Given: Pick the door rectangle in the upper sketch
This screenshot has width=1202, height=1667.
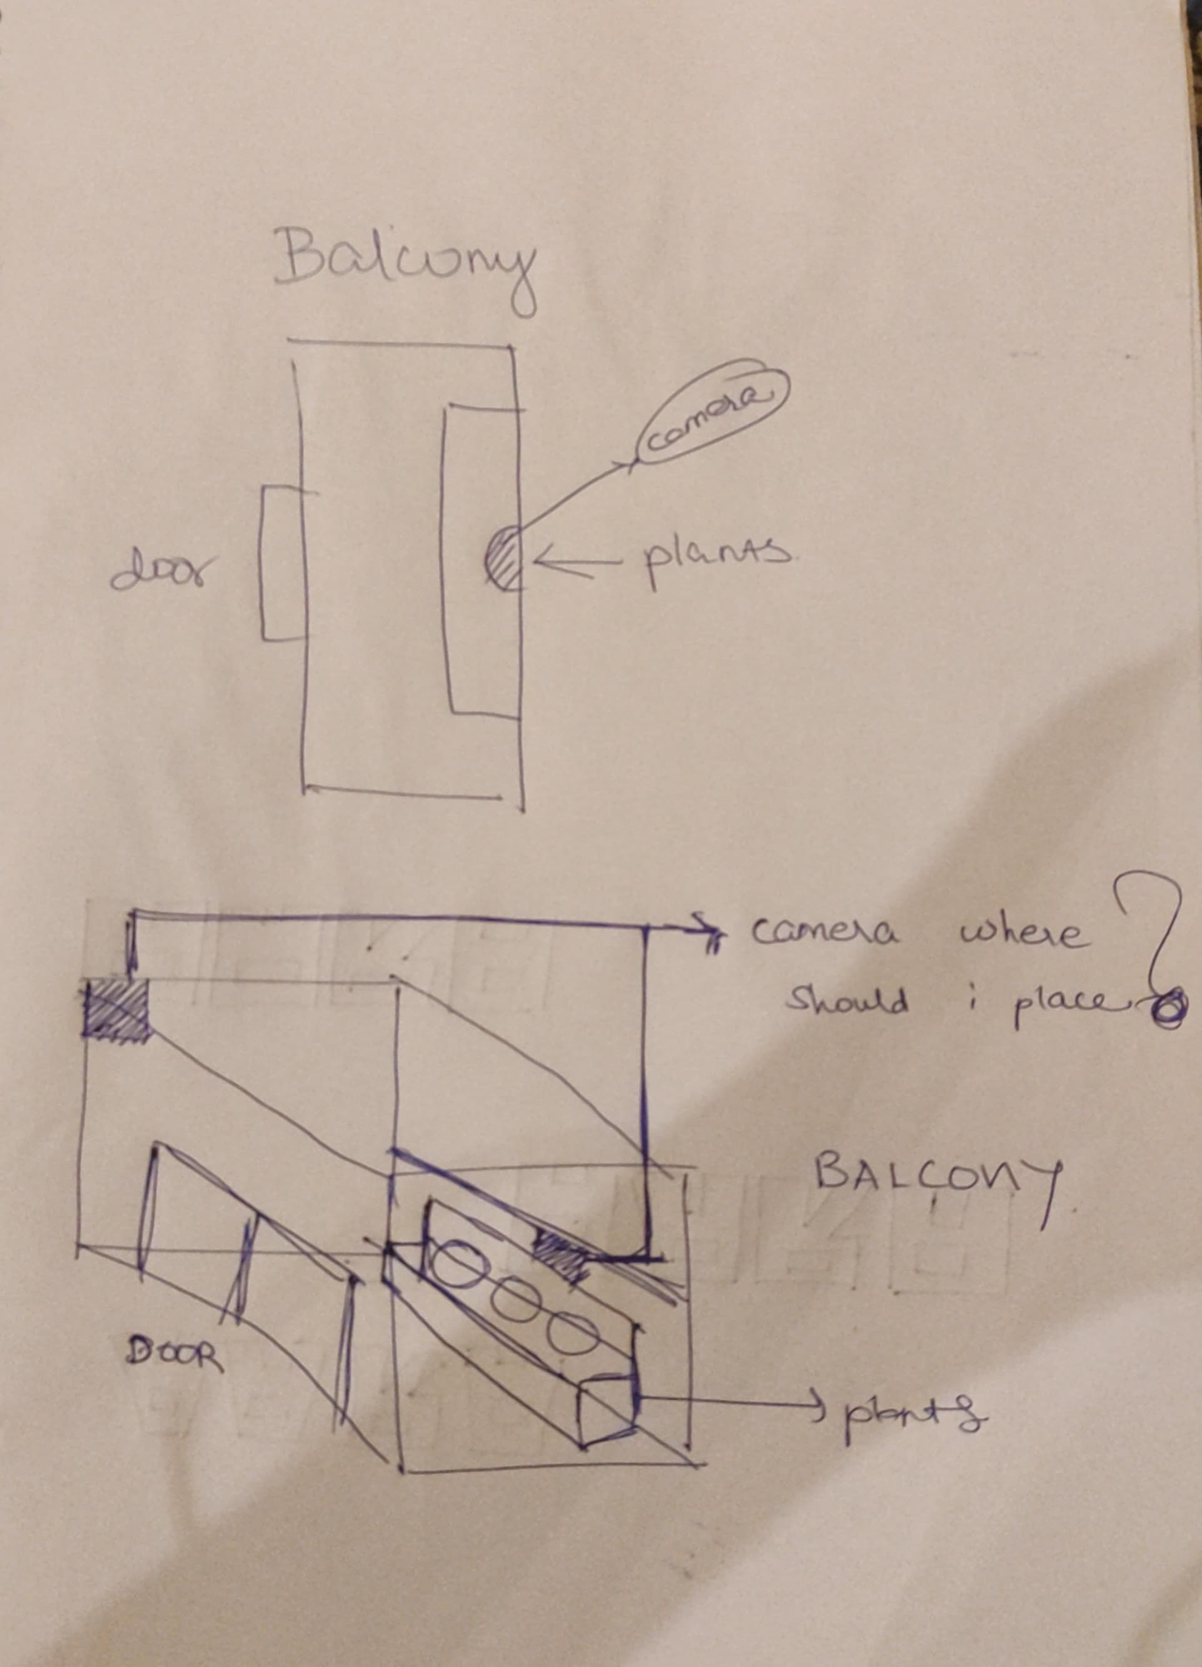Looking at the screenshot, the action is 283,563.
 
